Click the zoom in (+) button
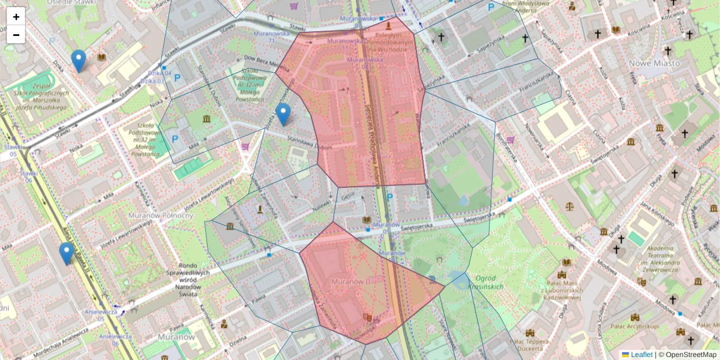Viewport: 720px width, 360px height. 16,17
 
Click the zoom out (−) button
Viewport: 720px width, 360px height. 16,35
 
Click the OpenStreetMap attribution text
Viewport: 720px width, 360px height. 691,355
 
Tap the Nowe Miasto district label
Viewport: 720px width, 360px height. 654,63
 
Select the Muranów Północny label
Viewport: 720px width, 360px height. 160,215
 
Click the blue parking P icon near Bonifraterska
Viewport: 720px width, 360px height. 491,7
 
